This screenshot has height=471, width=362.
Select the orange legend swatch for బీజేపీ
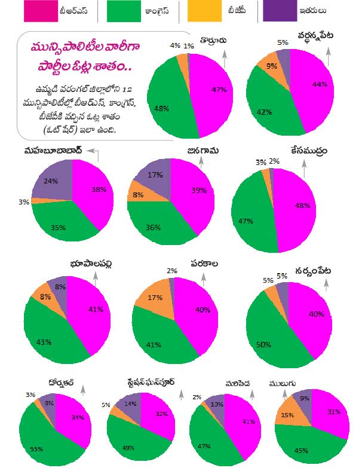pos(201,11)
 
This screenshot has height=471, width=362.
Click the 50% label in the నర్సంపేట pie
pos(264,345)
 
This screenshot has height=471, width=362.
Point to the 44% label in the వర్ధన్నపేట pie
pos(320,84)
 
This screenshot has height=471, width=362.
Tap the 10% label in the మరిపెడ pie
pos(217,405)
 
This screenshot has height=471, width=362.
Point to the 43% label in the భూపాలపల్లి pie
pos(44,342)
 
